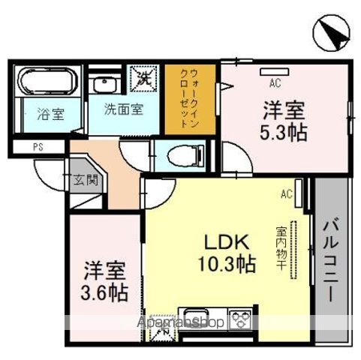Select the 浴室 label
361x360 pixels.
tap(50, 115)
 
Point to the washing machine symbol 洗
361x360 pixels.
tap(143, 75)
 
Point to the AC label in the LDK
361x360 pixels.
tap(286, 194)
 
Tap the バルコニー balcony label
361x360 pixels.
tap(330, 259)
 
